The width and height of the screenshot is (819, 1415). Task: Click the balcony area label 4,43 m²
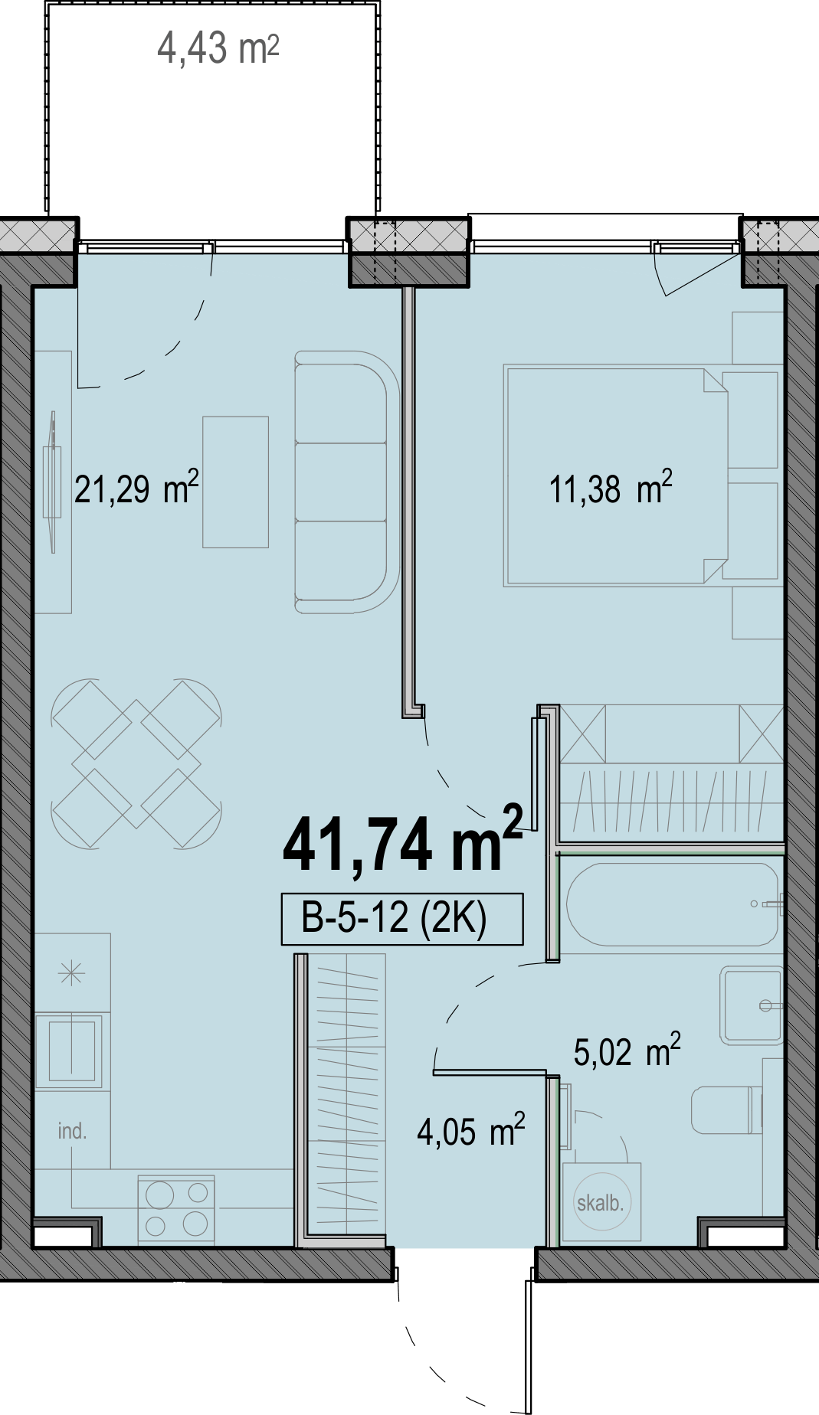pyautogui.click(x=218, y=48)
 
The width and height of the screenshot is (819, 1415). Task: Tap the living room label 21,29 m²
pyautogui.click(x=136, y=489)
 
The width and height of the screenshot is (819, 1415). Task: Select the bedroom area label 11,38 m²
pyautogui.click(x=611, y=489)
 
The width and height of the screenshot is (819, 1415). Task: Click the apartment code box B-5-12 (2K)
pyautogui.click(x=402, y=918)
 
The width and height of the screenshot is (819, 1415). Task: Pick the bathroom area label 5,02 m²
pyautogui.click(x=627, y=1051)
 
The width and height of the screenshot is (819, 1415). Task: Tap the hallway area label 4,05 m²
pyautogui.click(x=471, y=1131)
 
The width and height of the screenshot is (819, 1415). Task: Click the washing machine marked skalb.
pyautogui.click(x=601, y=1202)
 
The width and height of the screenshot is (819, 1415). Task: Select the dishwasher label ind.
pyautogui.click(x=72, y=1131)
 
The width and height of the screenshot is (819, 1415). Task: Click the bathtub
pyautogui.click(x=673, y=904)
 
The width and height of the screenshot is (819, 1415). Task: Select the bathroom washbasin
pyautogui.click(x=752, y=1005)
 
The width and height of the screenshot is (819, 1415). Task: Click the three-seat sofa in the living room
pyautogui.click(x=347, y=482)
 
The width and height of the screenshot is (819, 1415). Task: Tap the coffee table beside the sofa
pyautogui.click(x=235, y=482)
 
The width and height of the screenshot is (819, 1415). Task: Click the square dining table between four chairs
pyautogui.click(x=136, y=763)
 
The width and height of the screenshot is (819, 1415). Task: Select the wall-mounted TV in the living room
pyautogui.click(x=52, y=482)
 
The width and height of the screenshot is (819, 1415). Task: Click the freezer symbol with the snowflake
pyautogui.click(x=72, y=974)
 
